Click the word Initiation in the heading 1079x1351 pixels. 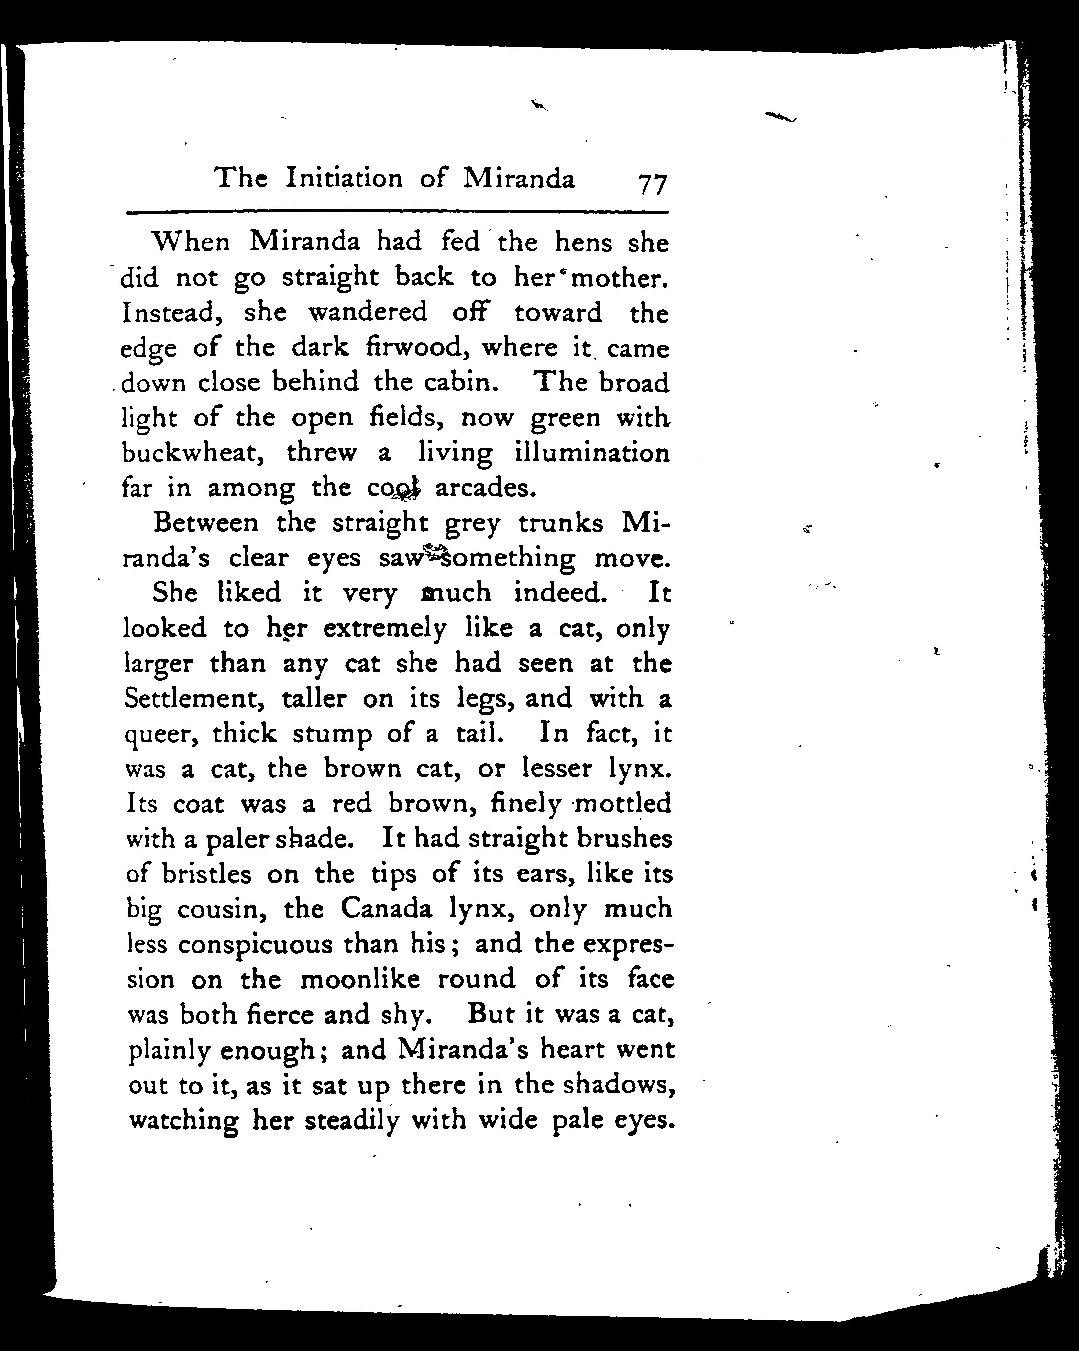click(x=344, y=179)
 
